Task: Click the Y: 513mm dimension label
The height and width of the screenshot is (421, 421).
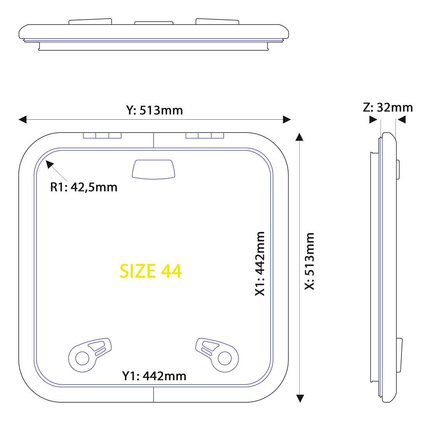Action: pyautogui.click(x=154, y=110)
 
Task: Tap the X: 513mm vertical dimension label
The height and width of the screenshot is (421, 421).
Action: pyautogui.click(x=310, y=261)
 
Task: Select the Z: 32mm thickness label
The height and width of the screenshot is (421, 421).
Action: pyautogui.click(x=388, y=108)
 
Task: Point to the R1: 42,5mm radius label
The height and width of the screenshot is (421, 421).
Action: pyautogui.click(x=84, y=188)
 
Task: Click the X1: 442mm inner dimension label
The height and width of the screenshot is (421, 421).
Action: pyautogui.click(x=260, y=264)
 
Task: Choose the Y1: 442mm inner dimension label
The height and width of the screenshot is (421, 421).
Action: pyautogui.click(x=154, y=376)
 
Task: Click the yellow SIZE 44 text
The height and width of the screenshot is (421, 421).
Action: pyautogui.click(x=150, y=271)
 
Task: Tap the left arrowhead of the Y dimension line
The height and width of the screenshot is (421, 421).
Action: pyautogui.click(x=23, y=120)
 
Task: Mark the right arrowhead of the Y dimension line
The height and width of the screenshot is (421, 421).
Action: pyautogui.click(x=287, y=120)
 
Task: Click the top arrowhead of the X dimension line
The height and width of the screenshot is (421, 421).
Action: pyautogui.click(x=299, y=137)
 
